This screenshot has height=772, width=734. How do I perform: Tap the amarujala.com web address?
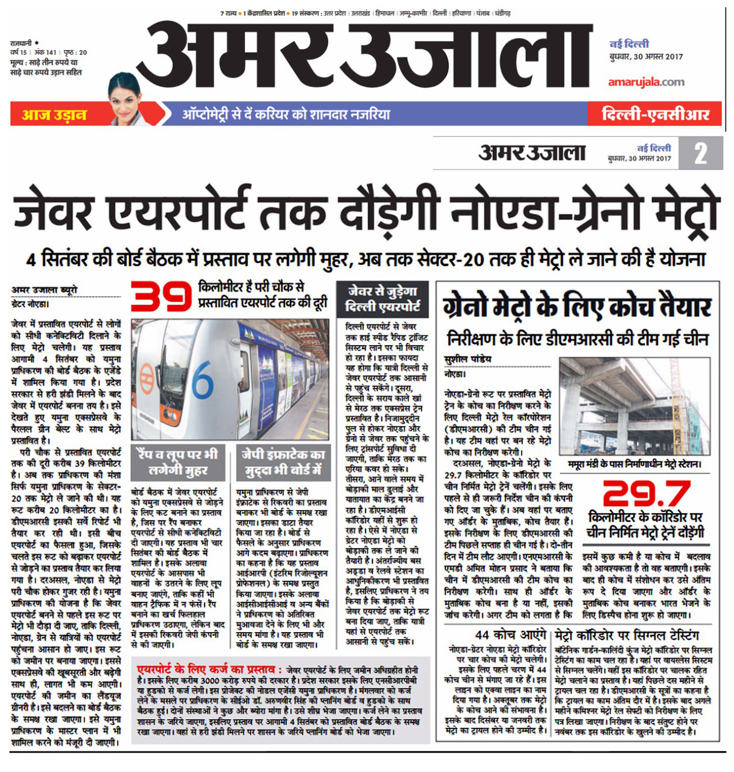point(645,82)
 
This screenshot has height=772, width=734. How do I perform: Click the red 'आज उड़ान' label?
point(54,114)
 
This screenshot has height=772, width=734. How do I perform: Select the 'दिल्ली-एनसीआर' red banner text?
point(654,114)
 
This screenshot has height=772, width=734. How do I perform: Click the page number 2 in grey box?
point(700,153)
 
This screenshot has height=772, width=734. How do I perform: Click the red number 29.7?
point(645,494)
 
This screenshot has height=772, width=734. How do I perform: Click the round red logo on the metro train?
point(145,377)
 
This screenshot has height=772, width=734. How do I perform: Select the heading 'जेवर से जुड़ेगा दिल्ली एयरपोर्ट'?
point(381,299)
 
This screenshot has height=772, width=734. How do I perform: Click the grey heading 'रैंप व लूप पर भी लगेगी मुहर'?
point(178,463)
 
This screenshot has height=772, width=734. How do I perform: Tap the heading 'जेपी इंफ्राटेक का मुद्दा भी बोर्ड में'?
point(283,463)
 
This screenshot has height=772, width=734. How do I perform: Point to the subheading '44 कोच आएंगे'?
point(510,634)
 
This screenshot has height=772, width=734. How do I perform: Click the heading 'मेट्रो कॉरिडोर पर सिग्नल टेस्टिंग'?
point(627,634)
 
